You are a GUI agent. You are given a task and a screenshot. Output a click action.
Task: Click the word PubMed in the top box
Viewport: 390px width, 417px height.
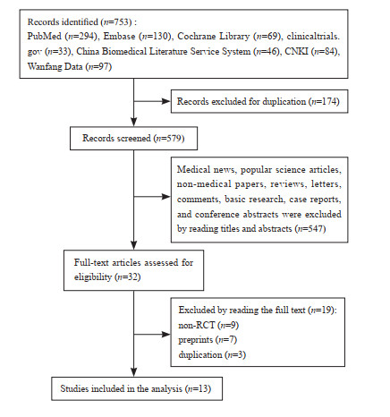tap(45, 37)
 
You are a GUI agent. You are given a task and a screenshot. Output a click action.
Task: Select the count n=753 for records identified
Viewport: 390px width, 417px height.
tap(116, 22)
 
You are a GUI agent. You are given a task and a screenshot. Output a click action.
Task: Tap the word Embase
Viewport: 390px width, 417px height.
tap(119, 37)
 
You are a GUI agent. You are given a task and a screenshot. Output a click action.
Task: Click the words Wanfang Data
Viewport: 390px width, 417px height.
tap(55, 66)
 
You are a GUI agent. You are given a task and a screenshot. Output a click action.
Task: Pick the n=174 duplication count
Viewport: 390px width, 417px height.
tap(324, 101)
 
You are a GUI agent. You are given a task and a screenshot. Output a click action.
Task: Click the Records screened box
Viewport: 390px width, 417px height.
tap(133, 139)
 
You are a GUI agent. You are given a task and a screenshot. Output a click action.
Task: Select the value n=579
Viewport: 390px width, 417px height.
tap(169, 139)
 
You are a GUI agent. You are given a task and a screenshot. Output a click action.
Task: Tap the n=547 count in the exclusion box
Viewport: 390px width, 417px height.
tap(310, 229)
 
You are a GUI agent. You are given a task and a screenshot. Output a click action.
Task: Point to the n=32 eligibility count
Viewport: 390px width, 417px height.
tap(127, 277)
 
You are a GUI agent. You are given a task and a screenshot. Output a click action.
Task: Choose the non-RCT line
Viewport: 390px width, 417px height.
tap(208, 325)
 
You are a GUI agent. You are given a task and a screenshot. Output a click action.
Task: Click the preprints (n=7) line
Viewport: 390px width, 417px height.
tap(208, 340)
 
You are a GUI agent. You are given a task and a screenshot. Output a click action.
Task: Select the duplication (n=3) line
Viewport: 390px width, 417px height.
tap(212, 355)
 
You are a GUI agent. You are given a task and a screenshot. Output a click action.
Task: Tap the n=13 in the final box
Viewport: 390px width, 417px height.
tap(198, 389)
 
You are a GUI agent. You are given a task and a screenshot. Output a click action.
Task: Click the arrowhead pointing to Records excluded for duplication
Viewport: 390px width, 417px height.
tap(166, 101)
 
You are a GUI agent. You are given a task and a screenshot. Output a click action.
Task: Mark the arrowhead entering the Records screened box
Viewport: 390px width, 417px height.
tap(134, 122)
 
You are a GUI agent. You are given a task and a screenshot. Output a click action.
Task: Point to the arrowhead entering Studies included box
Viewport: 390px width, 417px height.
tap(134, 372)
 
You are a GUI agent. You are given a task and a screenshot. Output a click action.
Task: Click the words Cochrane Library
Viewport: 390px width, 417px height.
tap(214, 37)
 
